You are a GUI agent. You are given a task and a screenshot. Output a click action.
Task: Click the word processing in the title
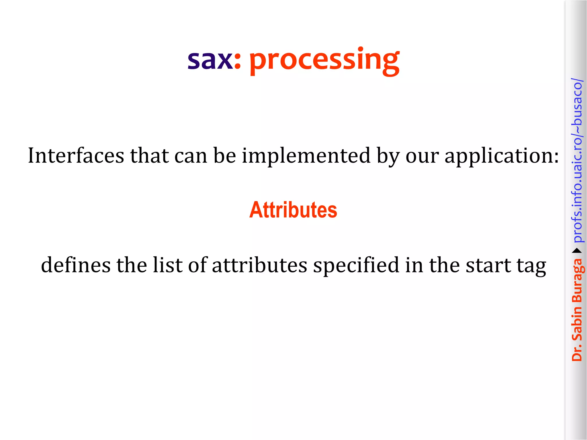click(x=324, y=61)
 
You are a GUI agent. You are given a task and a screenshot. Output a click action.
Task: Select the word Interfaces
click(x=76, y=156)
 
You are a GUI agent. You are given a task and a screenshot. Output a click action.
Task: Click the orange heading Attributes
click(x=293, y=210)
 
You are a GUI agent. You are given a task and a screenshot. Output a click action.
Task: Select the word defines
click(x=76, y=265)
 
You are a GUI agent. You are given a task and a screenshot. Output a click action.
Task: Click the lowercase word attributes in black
click(x=259, y=265)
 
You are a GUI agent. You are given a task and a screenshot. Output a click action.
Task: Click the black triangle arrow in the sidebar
click(x=577, y=251)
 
